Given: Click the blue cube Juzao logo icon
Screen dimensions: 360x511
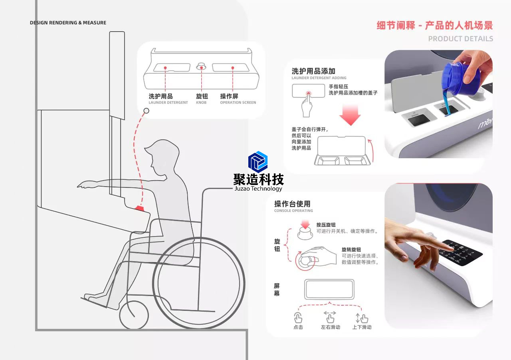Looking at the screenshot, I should pos(258,162).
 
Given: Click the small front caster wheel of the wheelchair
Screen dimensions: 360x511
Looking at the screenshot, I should pos(134,315).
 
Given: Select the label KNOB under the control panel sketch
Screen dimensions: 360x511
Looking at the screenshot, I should pos(201,103).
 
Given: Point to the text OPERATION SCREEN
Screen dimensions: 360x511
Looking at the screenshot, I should pos(238,103).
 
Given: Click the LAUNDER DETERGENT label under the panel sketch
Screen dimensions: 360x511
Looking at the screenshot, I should pos(168,103).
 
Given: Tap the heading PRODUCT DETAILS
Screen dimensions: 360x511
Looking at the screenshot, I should pos(460,39).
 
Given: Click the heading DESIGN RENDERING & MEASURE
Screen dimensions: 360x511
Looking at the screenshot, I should pos(68,23).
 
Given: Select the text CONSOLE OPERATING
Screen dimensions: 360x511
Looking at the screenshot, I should pos(293,211).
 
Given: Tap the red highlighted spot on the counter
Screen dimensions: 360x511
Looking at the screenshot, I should pos(140,208).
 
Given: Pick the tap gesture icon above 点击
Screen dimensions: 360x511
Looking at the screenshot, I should pos(298,318).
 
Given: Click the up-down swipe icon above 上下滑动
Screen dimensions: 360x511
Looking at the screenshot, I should pos(361,318).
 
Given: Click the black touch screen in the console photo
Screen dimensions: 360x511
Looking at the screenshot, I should pos(461,252).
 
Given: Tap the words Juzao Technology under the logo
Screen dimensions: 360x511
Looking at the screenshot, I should pos(258,189).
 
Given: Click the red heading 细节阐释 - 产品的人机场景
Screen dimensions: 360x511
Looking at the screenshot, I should pos(434,26).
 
